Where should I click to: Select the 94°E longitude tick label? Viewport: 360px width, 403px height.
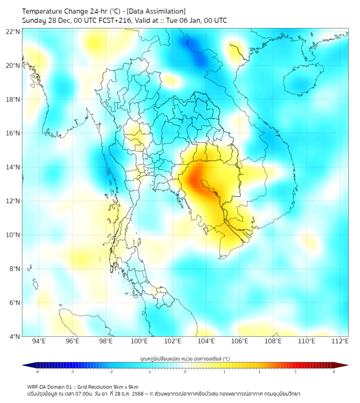pos(39,341)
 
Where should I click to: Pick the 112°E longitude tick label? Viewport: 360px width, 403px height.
pos(340,341)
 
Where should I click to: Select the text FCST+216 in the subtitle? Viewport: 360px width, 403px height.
pos(113,20)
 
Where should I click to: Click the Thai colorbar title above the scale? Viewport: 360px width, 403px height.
pos(185,359)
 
